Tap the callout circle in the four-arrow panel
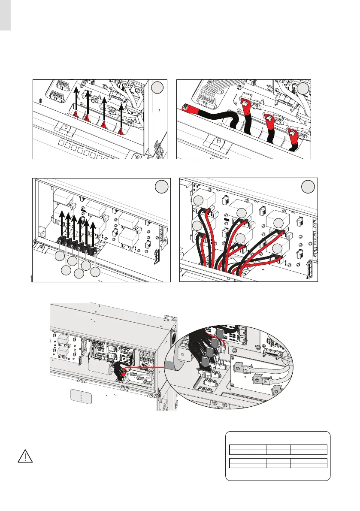click(157, 87)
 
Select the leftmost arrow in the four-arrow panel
click(76, 101)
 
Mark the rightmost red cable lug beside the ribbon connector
click(293, 134)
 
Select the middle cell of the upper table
click(278, 450)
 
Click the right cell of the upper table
click(309, 450)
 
